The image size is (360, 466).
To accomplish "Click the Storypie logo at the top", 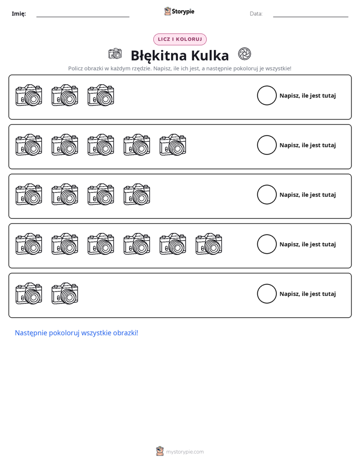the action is pos(179,11).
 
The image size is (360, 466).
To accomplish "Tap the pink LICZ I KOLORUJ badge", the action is pos(179,39).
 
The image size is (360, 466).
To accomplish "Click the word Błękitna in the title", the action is pos(159,55).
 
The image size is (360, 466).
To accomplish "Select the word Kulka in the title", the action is pos(210,55).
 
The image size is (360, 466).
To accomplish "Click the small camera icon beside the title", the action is pos(115,53).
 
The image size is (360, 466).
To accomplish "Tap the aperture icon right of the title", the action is pos(245,54).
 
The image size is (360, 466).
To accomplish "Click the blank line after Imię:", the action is pos(83,17).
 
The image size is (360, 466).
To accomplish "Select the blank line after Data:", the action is pos(311,17).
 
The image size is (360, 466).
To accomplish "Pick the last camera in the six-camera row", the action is pos(209,244).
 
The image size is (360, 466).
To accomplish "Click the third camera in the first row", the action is pos(101,95).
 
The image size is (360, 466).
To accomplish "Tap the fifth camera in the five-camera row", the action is pos(173,145).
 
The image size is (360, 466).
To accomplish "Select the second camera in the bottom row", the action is pos(65,294).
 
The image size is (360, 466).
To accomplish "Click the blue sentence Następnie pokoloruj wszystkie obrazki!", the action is pos(77,333).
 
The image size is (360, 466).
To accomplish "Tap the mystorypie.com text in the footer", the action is pos(185,452).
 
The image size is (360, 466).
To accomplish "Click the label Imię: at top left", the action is pos(19,14).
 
